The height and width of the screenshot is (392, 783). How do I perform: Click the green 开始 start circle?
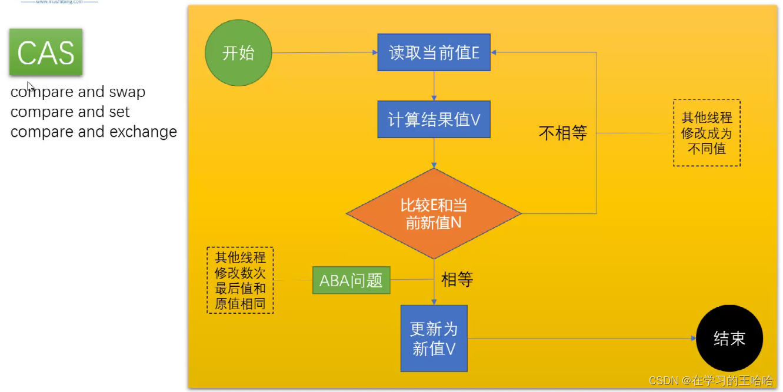click(238, 53)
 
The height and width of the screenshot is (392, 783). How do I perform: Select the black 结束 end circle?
click(729, 338)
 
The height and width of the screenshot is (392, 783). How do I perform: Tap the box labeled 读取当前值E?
click(434, 52)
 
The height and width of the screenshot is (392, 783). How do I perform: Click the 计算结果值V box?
click(434, 119)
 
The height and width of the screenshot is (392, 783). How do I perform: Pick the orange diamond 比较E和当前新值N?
click(434, 214)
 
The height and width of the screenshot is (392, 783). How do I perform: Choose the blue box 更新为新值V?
click(434, 339)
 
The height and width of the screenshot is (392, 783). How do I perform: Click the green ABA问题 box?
click(351, 280)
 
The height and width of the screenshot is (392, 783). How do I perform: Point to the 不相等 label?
click(563, 133)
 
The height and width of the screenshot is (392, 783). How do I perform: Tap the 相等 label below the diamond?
click(457, 279)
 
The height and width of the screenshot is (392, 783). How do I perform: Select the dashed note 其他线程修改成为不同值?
click(707, 133)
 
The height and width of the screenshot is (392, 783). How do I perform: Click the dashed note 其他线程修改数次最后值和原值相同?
click(240, 280)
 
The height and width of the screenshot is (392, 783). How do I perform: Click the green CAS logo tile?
click(46, 53)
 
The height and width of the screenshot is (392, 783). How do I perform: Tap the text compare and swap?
click(78, 92)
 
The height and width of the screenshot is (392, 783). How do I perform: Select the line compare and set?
click(70, 112)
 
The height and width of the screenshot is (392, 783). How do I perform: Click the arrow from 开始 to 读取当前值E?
click(324, 53)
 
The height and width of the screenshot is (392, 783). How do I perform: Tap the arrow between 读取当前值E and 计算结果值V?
click(434, 85)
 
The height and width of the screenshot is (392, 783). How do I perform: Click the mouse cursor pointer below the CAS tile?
click(30, 86)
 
